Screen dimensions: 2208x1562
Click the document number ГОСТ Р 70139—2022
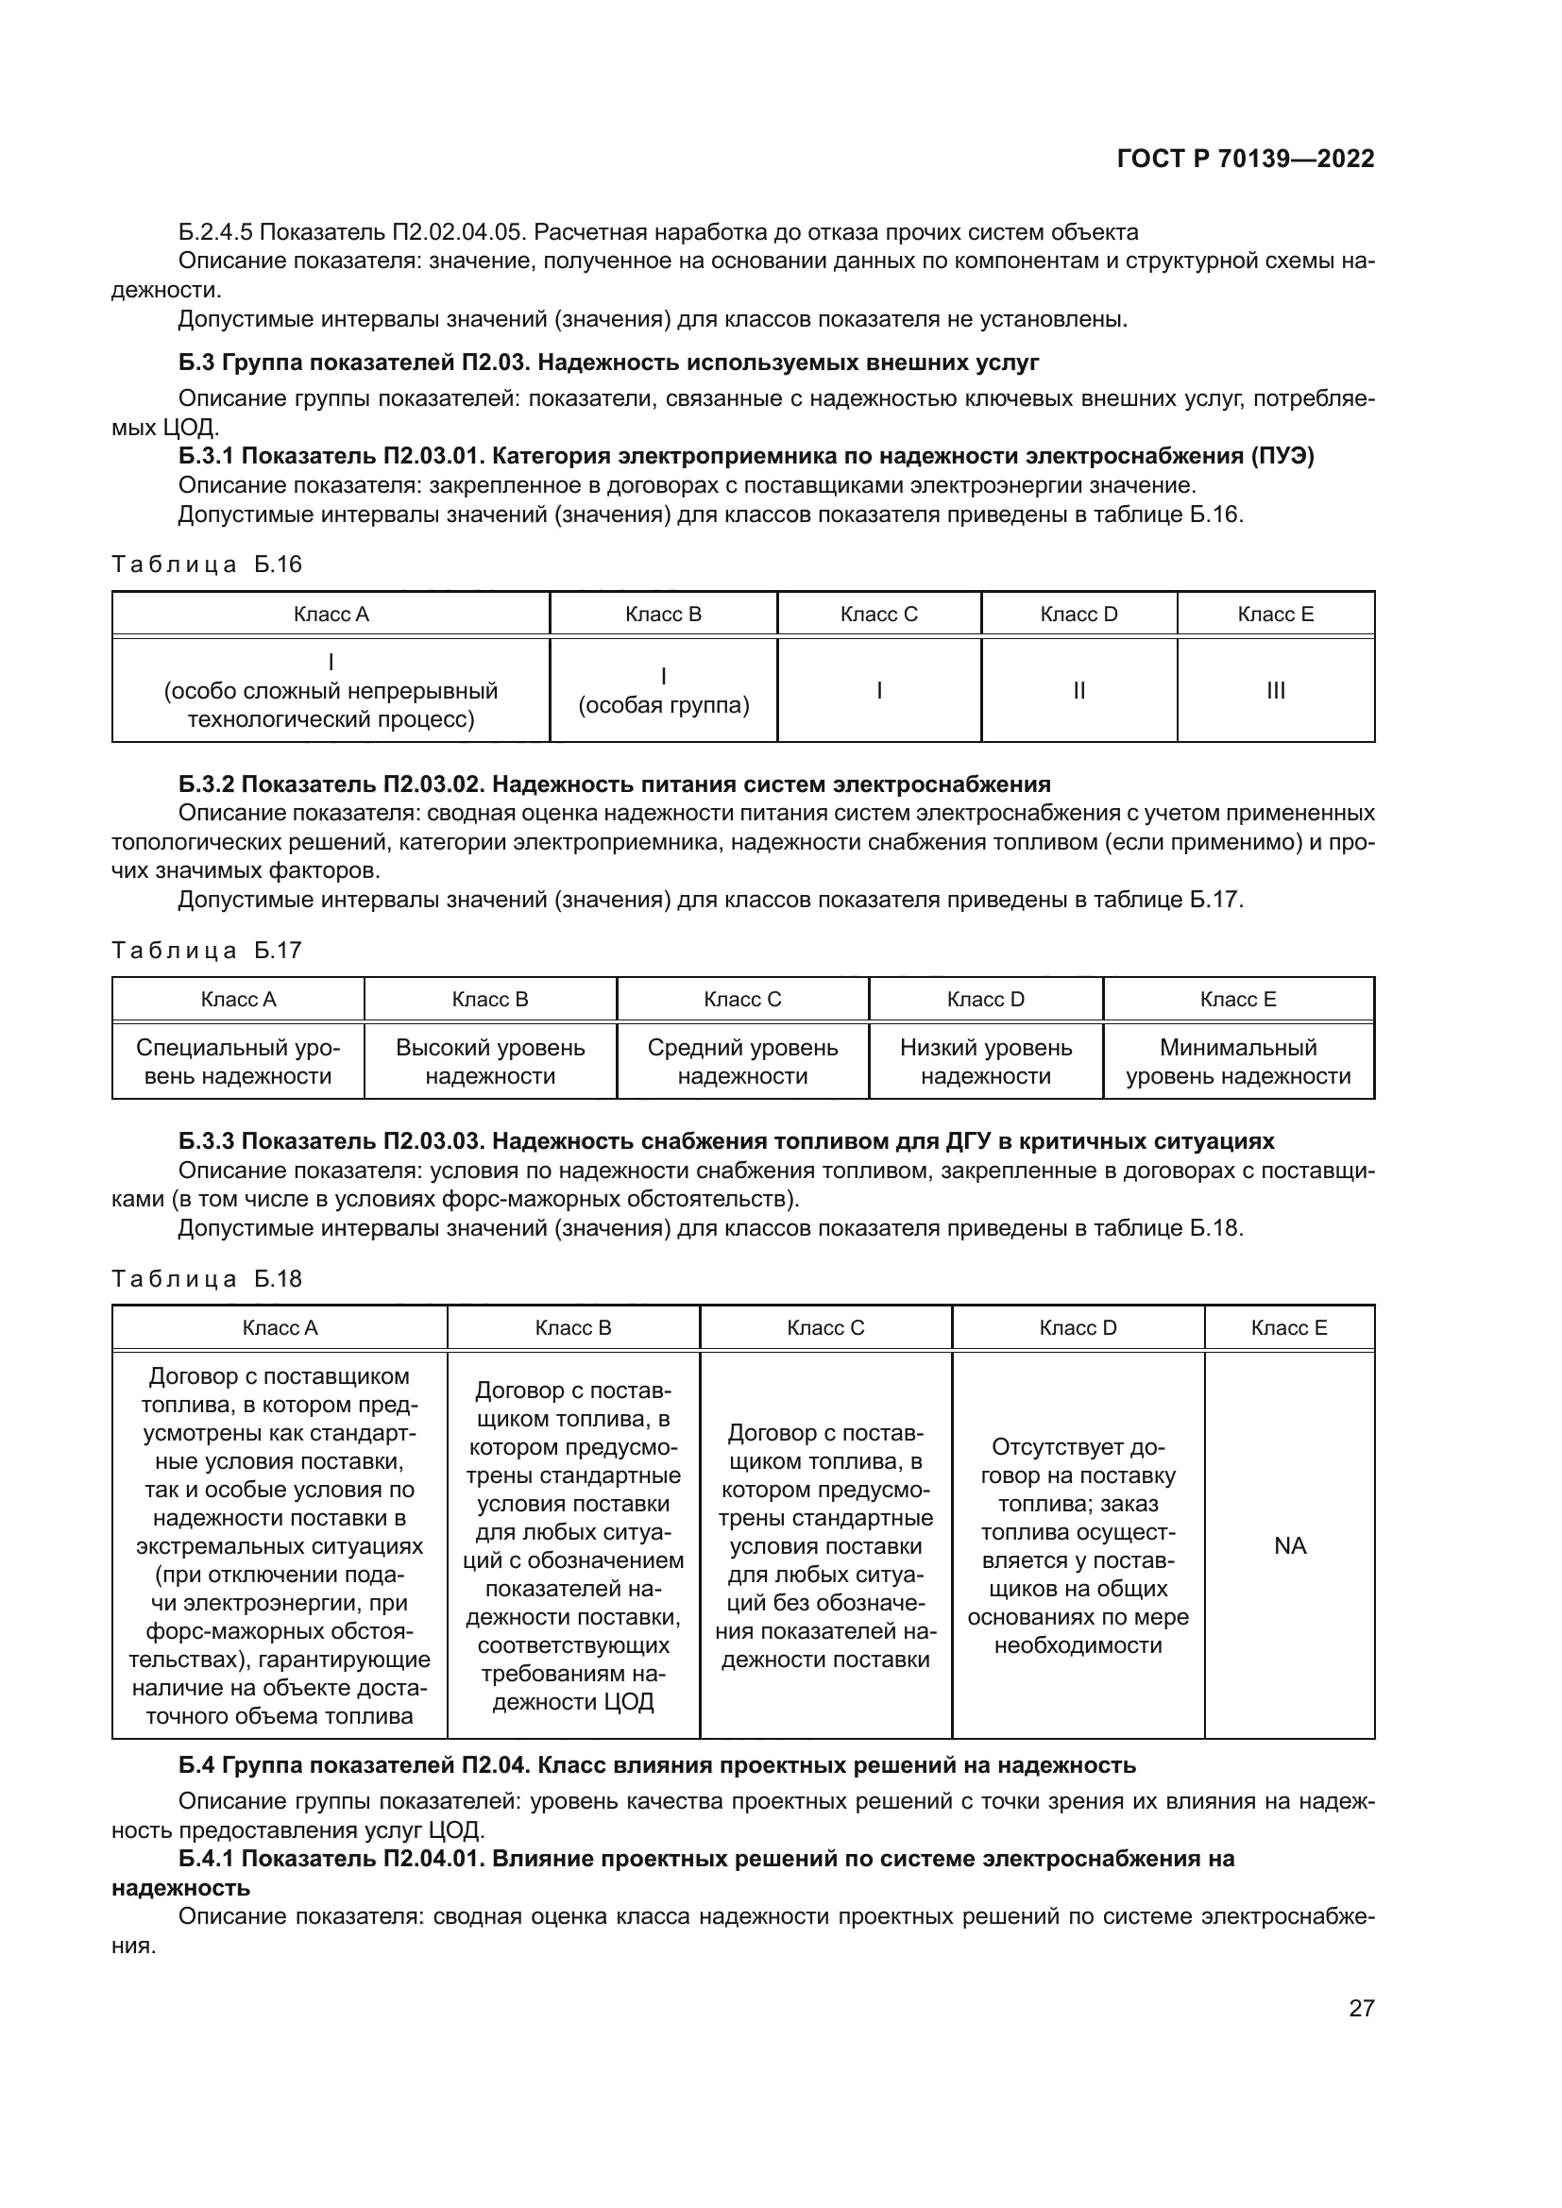click(1246, 159)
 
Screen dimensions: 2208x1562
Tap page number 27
click(1361, 2007)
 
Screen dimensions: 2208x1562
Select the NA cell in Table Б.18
click(1289, 1545)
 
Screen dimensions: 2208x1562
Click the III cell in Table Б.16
click(1275, 690)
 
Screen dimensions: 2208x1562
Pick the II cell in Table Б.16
click(1078, 690)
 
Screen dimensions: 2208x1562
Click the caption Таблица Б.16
click(207, 565)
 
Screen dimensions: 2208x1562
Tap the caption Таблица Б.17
click(207, 951)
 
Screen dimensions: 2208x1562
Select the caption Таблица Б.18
click(207, 1279)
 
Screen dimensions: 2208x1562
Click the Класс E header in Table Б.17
click(1238, 999)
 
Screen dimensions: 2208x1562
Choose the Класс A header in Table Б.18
click(279, 1328)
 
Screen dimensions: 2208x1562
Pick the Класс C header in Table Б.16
click(878, 615)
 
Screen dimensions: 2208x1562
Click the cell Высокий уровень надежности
click(489, 1061)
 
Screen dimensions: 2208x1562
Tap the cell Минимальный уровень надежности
click(1238, 1061)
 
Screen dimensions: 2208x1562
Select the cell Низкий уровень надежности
click(985, 1061)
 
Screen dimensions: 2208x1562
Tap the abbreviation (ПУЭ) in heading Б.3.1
click(1282, 456)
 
